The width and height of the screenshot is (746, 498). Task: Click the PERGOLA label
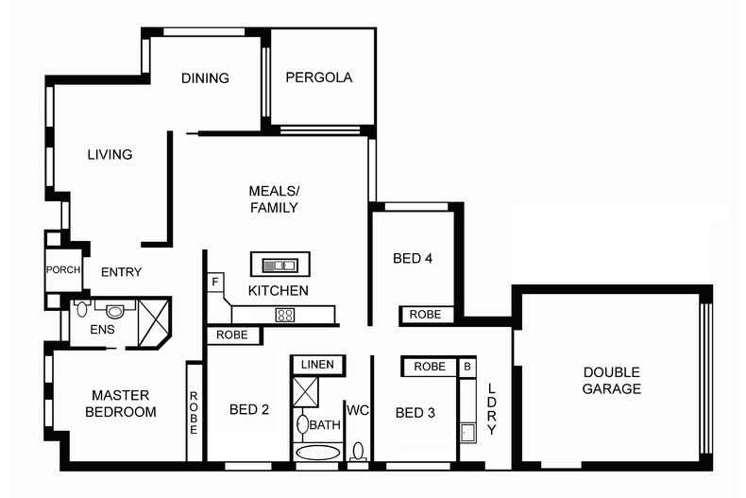319,78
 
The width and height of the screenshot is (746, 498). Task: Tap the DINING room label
205,78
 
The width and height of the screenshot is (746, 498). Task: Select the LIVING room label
110,154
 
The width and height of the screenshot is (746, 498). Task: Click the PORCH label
63,270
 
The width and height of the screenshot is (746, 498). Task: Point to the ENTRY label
121,272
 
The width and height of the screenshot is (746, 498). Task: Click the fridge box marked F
215,281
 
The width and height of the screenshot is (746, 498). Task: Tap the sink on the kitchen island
275,265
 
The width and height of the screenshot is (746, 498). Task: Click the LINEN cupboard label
318,365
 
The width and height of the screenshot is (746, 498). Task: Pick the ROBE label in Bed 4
425,315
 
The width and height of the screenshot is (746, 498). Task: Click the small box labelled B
466,366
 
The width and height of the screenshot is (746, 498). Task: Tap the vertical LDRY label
491,411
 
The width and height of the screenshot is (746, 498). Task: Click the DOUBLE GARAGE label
611,380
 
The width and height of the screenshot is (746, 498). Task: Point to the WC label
357,411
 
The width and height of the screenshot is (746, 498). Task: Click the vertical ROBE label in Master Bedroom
195,413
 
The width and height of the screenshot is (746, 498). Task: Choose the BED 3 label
415,412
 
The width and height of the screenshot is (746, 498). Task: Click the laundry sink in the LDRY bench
466,432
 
